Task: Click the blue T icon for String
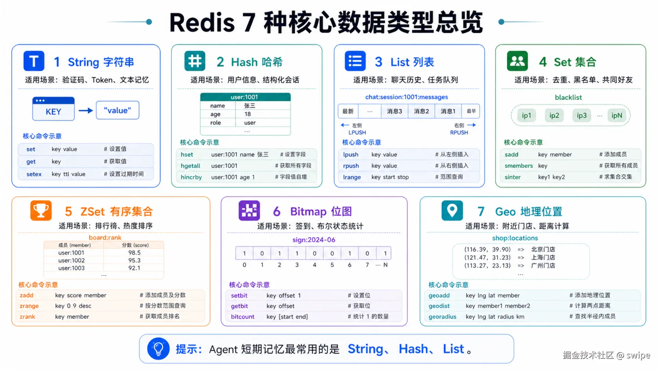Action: [34, 61]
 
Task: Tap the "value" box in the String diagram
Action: [117, 110]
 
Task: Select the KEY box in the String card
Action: [53, 109]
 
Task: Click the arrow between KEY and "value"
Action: [86, 111]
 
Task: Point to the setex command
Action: [34, 174]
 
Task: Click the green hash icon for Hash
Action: [195, 61]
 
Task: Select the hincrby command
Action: [191, 177]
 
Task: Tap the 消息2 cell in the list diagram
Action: [421, 111]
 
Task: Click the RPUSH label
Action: [459, 133]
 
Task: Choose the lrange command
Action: [352, 177]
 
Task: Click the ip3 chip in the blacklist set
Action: [582, 115]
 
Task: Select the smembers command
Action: [519, 166]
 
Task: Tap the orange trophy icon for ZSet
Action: [41, 210]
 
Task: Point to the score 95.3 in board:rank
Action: [135, 260]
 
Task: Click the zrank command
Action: [27, 317]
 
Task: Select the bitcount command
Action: [242, 317]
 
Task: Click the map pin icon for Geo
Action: [452, 210]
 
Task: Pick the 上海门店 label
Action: [543, 258]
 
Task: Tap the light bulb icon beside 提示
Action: [158, 349]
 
